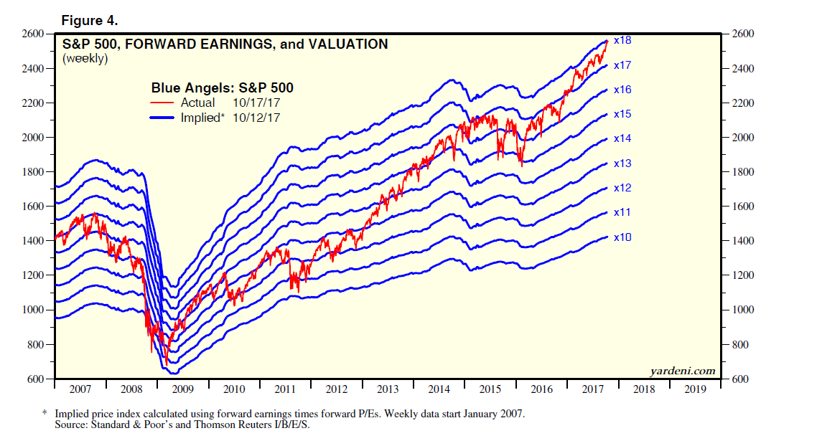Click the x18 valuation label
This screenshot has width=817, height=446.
[622, 41]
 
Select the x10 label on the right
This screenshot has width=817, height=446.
[622, 237]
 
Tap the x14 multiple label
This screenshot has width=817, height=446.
[622, 138]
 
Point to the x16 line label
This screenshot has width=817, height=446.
[622, 90]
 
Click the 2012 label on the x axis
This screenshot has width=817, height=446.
[337, 389]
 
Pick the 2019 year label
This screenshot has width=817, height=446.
[695, 389]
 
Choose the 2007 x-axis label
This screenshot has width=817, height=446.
[80, 389]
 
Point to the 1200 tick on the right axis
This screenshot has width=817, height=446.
[742, 275]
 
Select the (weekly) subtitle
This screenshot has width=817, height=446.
[85, 59]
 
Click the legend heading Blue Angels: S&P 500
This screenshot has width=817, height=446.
[222, 88]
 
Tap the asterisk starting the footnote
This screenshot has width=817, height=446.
[45, 414]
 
